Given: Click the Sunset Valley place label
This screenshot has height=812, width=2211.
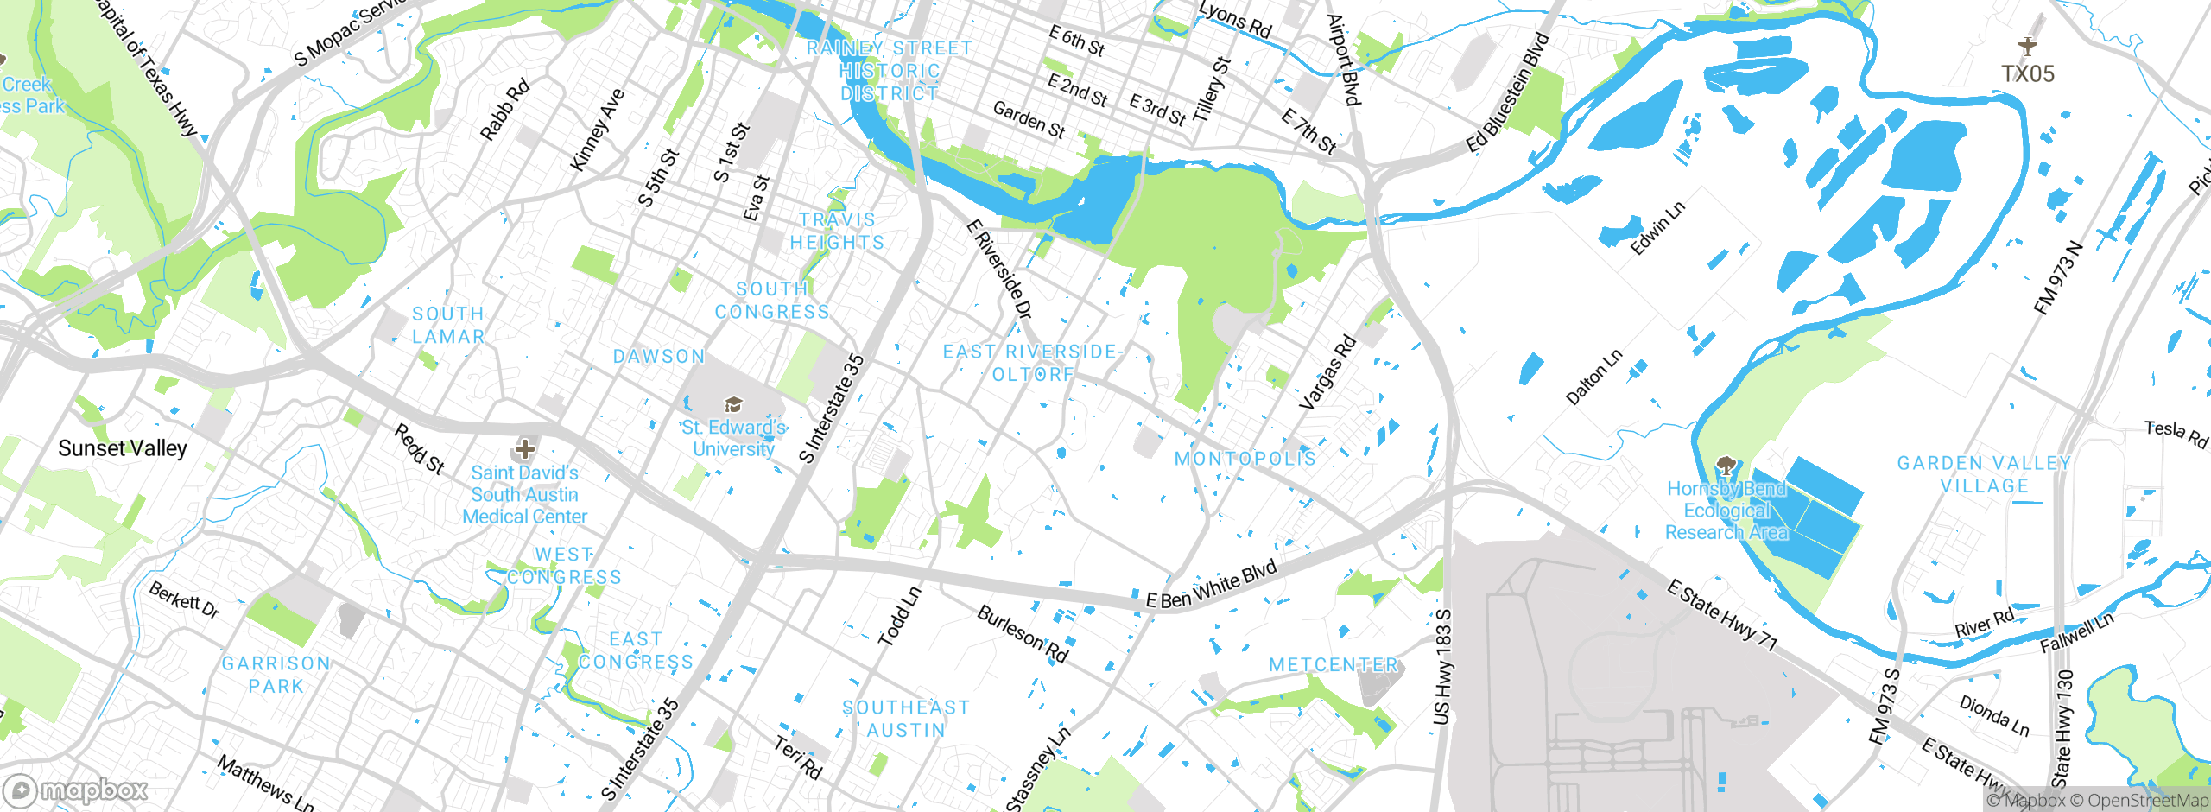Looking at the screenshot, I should tap(122, 448).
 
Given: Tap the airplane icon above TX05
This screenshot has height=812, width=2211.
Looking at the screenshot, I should tap(2028, 46).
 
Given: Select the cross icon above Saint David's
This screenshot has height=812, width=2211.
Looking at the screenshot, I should tap(524, 448).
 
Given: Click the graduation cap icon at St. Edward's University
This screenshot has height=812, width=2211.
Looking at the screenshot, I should tap(733, 404).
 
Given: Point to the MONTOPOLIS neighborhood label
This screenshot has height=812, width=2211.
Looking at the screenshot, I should tap(1245, 459).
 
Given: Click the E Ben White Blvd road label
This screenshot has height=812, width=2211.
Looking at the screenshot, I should tap(1211, 586).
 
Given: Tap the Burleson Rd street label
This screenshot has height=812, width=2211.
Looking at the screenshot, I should tap(1023, 634).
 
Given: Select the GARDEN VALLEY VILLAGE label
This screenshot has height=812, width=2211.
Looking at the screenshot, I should tap(1984, 474).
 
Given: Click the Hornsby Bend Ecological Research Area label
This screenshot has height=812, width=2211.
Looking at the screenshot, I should tap(1726, 511).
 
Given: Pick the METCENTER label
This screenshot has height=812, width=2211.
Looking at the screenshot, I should tap(1334, 665).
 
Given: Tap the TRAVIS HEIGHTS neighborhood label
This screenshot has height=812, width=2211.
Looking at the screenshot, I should tap(837, 232).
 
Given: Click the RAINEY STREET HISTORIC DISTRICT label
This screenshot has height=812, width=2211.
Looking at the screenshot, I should tap(890, 71).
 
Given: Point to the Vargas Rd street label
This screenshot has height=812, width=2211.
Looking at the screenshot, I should tap(1327, 372).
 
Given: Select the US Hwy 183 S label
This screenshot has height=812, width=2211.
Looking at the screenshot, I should tap(1442, 666).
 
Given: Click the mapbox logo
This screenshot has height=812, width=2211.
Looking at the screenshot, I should tap(76, 790).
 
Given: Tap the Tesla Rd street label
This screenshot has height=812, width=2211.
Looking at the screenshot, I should tap(2176, 434).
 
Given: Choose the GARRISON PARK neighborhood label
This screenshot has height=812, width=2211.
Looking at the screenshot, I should tap(276, 675).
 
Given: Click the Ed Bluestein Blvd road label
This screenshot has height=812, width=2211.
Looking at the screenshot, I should tap(1509, 93).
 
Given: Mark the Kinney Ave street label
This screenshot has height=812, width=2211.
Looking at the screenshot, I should tap(597, 130).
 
